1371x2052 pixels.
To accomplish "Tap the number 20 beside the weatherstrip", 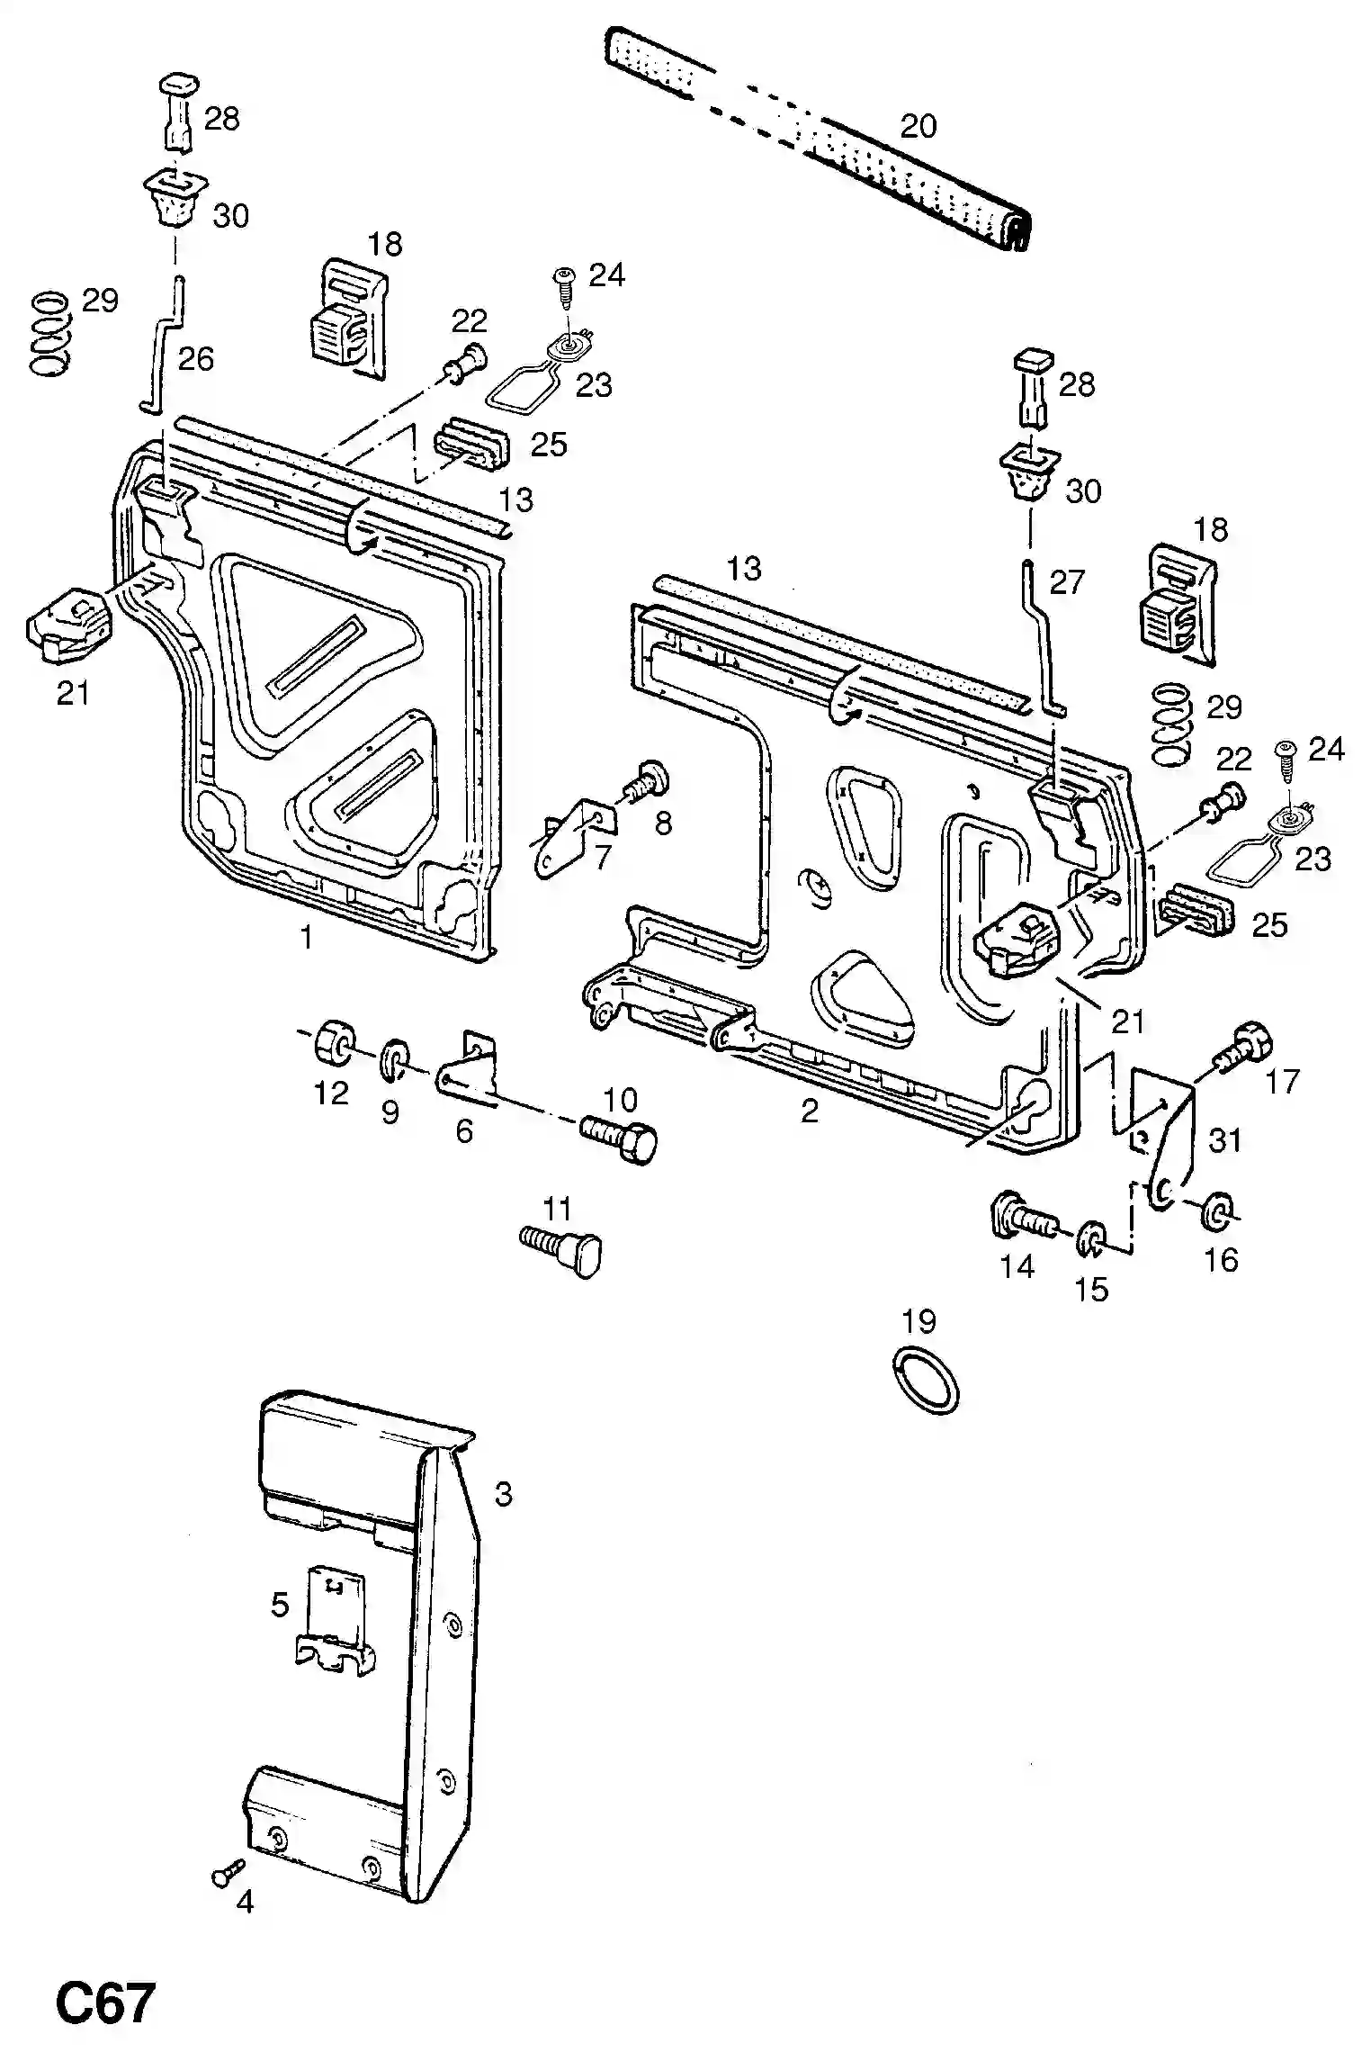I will [918, 126].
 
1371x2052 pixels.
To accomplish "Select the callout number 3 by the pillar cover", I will [503, 1495].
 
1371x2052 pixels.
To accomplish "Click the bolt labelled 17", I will [1244, 1048].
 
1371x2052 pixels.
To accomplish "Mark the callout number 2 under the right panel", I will [809, 1111].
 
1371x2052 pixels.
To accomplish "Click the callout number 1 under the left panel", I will [306, 938].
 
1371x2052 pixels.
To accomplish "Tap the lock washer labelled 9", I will [393, 1059].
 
